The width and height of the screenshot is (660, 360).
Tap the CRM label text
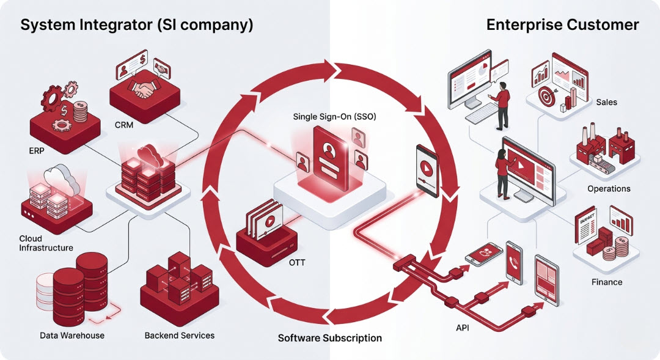[x=123, y=125]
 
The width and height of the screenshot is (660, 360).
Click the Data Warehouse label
[x=72, y=335]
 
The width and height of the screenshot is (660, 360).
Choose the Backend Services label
[x=180, y=335]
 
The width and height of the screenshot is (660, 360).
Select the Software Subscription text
[x=330, y=337]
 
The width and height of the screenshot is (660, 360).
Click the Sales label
[x=606, y=102]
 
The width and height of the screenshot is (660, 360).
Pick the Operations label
[x=609, y=188]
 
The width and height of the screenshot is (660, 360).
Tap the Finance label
[x=607, y=282]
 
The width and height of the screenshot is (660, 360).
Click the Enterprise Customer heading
[x=563, y=25]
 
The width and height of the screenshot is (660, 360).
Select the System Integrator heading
[x=137, y=25]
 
